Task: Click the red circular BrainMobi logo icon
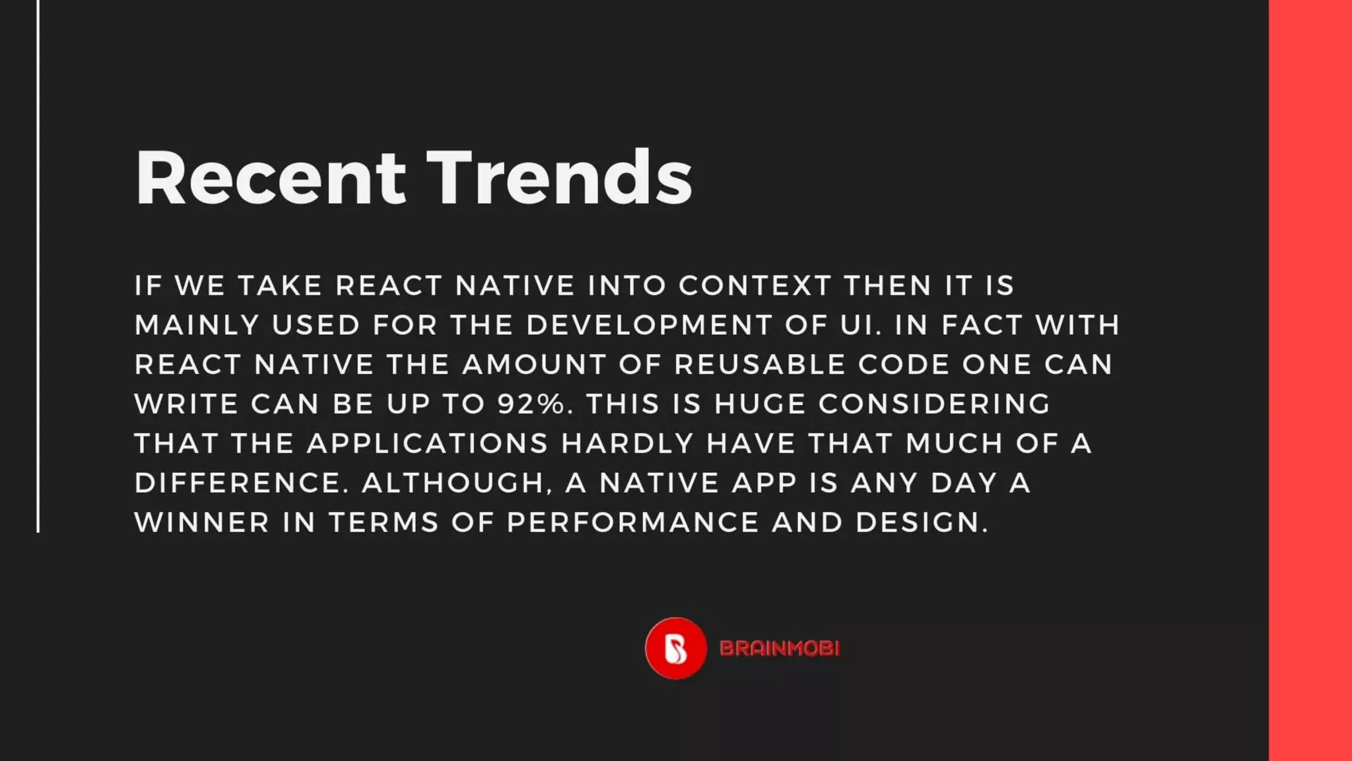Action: (x=675, y=648)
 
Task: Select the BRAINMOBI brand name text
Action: (x=780, y=649)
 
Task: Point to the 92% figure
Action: (x=531, y=404)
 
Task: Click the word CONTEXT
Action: (x=755, y=285)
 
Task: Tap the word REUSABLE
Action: (x=760, y=365)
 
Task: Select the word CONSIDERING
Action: (x=934, y=404)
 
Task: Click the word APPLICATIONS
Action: (x=428, y=443)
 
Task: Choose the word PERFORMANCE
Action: (x=633, y=523)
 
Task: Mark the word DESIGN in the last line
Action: (x=922, y=523)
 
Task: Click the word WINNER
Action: (x=202, y=523)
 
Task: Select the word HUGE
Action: (x=760, y=404)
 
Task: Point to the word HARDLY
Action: (x=627, y=443)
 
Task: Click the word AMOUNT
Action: (x=534, y=365)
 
